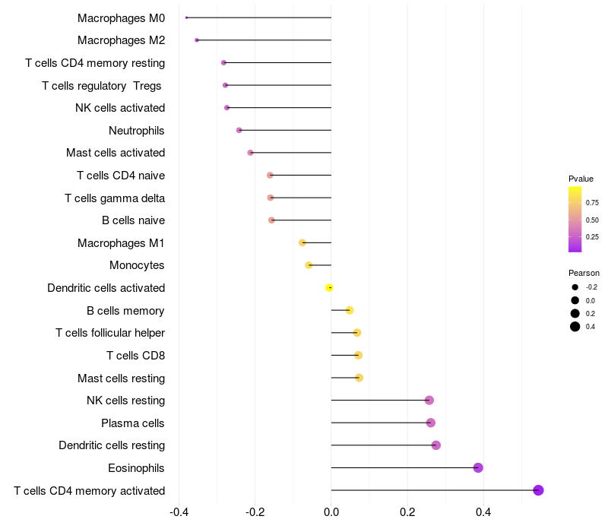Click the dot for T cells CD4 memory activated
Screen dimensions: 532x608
538,490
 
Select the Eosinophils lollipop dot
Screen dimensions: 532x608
478,467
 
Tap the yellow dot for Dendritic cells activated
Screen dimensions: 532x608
329,288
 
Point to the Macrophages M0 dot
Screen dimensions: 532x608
186,17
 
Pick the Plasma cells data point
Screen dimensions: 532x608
431,423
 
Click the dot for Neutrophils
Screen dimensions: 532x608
239,130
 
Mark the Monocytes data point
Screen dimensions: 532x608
309,265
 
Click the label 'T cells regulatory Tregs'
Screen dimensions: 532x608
103,85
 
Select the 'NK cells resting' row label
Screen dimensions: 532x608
125,401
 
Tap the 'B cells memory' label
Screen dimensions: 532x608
125,310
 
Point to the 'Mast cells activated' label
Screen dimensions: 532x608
116,153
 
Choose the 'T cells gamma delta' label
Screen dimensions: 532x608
115,198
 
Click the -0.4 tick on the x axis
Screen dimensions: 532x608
179,512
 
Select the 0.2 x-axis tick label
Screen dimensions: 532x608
407,512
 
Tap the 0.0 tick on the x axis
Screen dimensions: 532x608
331,512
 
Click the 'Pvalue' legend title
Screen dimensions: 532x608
581,179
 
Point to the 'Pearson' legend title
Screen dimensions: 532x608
584,273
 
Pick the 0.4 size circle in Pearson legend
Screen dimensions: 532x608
575,327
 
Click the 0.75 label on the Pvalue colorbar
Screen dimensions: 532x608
592,203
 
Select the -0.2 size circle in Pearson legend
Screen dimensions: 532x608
575,287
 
